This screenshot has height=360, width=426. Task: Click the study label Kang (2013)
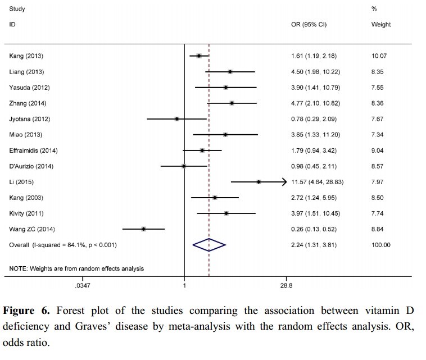click(x=26, y=56)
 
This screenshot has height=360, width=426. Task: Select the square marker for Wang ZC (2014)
click(x=144, y=229)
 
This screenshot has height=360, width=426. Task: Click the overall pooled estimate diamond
click(x=209, y=245)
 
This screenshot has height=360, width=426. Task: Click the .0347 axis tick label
click(x=82, y=286)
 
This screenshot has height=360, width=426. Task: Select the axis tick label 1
click(x=185, y=286)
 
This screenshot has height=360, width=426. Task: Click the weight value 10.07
click(x=379, y=56)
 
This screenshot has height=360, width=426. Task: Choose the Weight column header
click(x=381, y=25)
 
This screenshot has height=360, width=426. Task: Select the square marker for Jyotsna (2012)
click(x=177, y=119)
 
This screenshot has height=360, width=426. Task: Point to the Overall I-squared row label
click(x=64, y=245)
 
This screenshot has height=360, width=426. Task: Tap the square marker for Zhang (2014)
click(x=232, y=103)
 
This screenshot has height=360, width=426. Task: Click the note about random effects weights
click(x=76, y=268)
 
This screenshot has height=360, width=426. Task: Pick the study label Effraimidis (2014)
click(x=34, y=151)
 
